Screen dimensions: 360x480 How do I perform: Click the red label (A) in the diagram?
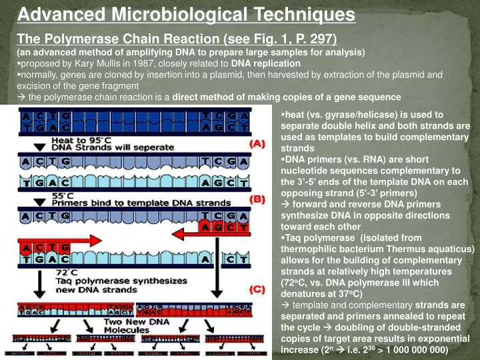[257, 143]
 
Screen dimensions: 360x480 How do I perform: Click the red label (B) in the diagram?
[257, 198]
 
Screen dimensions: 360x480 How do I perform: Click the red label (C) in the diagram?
[257, 289]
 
